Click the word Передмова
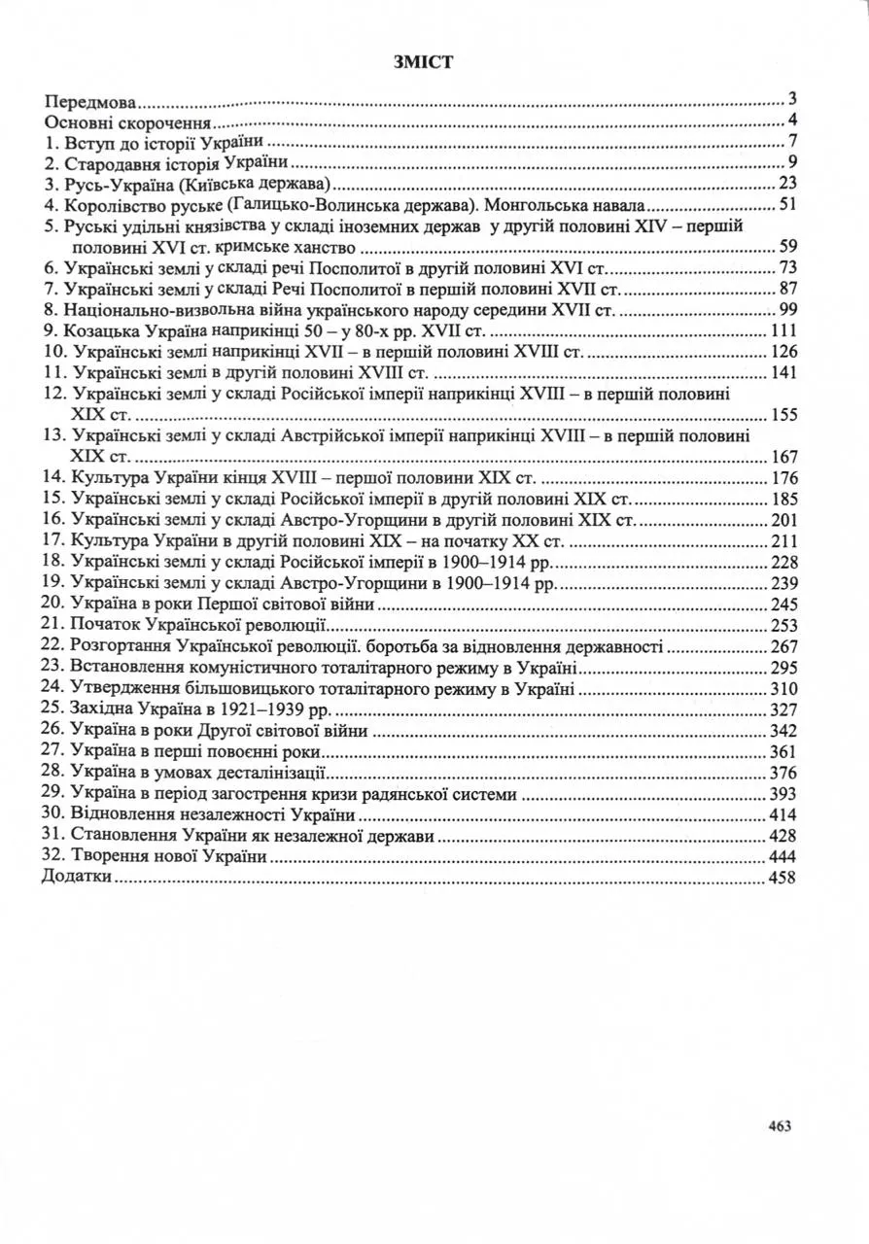point(88,100)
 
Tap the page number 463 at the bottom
point(780,1125)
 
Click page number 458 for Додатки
point(782,878)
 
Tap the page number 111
point(782,330)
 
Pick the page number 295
point(782,668)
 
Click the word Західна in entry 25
point(96,709)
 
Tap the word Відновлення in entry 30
point(113,814)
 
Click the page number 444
point(782,856)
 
